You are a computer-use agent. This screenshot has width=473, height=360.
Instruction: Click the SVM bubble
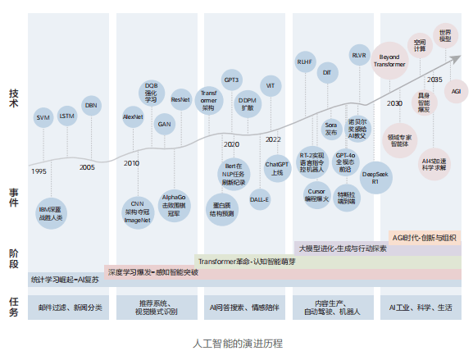click(43, 117)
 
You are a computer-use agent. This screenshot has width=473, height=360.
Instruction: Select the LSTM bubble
click(67, 117)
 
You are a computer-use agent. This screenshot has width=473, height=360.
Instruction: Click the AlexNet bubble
click(133, 117)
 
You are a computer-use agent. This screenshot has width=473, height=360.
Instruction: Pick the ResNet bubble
click(181, 99)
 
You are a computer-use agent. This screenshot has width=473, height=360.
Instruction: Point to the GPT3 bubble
click(231, 80)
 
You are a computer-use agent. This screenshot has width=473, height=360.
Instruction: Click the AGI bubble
click(456, 91)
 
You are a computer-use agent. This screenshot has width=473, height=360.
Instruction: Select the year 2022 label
click(273, 139)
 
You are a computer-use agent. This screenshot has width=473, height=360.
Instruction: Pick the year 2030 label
click(394, 103)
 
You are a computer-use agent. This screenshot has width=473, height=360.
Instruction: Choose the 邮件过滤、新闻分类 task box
click(70, 308)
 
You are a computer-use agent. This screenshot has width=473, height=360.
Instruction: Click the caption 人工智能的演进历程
click(236, 343)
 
